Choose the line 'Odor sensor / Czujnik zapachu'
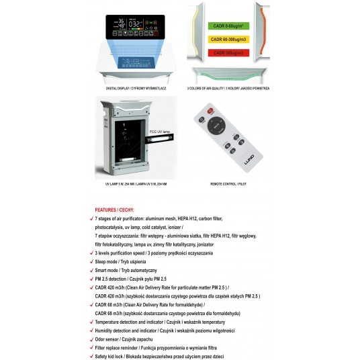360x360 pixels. [x=125, y=339]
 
